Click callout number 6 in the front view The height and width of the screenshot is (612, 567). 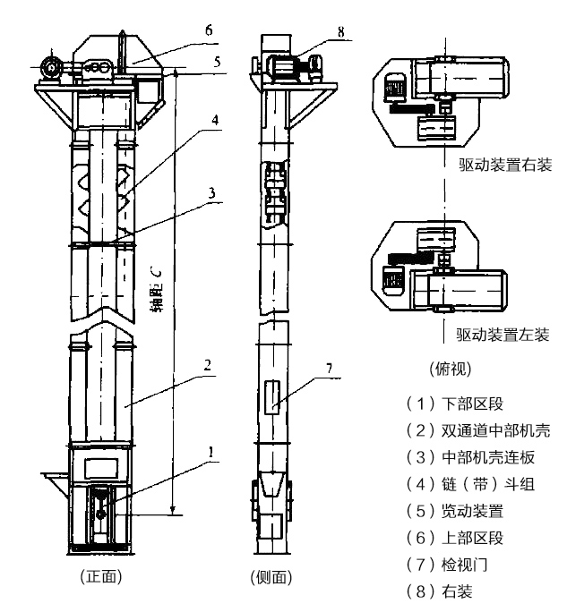click(x=208, y=29)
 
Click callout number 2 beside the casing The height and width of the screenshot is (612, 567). click(x=208, y=365)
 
